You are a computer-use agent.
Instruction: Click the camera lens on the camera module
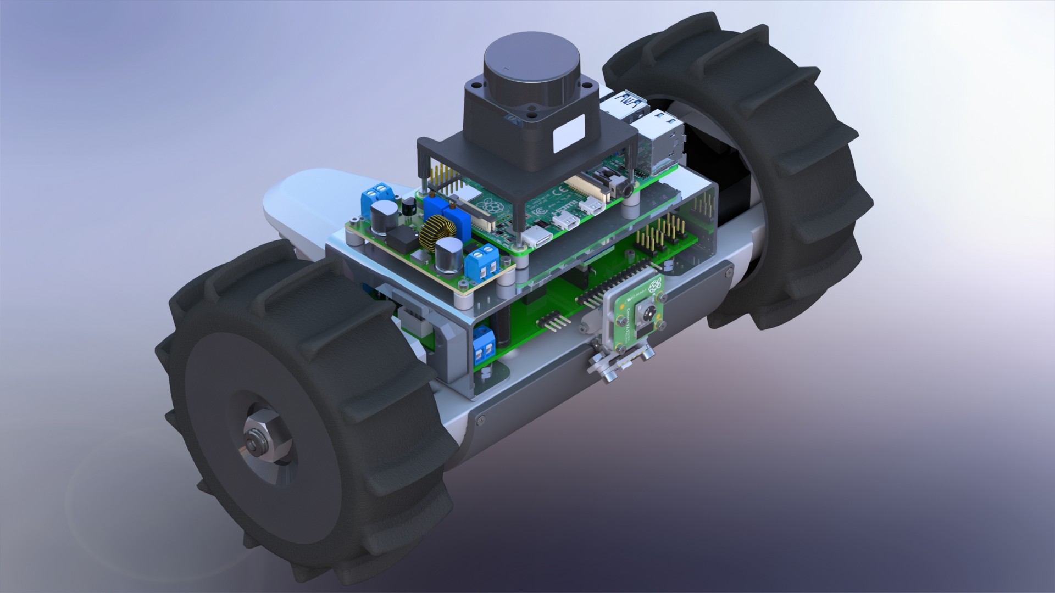click(x=643, y=315)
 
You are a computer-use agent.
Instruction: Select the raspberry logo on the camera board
click(x=654, y=284)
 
